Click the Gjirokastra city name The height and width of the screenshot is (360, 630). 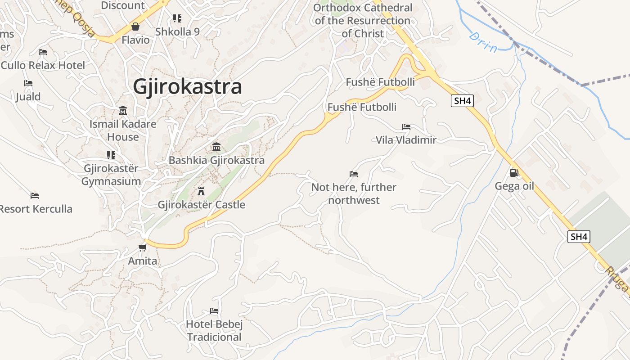pyautogui.click(x=187, y=87)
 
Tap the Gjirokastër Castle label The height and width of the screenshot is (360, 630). pyautogui.click(x=201, y=205)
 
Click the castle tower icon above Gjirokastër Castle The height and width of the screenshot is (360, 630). pyautogui.click(x=201, y=191)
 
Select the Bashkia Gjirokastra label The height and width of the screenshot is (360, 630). pyautogui.click(x=216, y=160)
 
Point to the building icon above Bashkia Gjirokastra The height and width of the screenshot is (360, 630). pyautogui.click(x=216, y=147)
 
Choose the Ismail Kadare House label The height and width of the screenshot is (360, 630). pyautogui.click(x=123, y=130)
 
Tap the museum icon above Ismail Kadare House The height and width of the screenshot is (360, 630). pyautogui.click(x=123, y=110)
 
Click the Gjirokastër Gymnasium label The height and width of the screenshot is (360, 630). pyautogui.click(x=111, y=175)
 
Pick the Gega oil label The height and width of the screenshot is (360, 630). pyautogui.click(x=514, y=186)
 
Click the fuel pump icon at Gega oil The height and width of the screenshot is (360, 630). pyautogui.click(x=514, y=172)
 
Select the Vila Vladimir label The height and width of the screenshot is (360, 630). pyautogui.click(x=406, y=140)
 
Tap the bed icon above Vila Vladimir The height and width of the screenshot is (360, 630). pyautogui.click(x=406, y=127)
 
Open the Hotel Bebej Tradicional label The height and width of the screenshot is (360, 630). pyautogui.click(x=215, y=331)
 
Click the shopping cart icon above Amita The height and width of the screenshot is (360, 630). pyautogui.click(x=143, y=247)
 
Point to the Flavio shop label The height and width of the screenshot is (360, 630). pyautogui.click(x=135, y=40)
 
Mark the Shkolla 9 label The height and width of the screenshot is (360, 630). pyautogui.click(x=177, y=32)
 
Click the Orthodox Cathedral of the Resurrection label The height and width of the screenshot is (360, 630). pyautogui.click(x=362, y=21)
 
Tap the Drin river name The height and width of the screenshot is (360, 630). pyautogui.click(x=483, y=42)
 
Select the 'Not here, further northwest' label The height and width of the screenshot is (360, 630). pyautogui.click(x=354, y=193)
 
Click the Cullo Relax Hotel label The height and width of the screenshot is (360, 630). pyautogui.click(x=43, y=65)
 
